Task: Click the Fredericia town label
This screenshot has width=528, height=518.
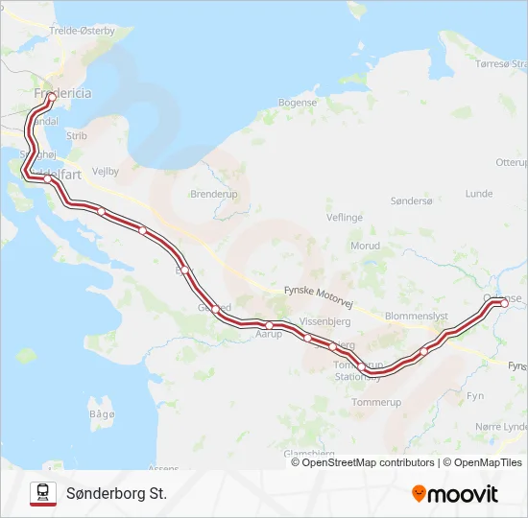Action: [x=62, y=94]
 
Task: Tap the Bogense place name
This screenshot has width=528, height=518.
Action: [x=297, y=103]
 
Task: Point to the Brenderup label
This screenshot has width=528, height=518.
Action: [x=213, y=193]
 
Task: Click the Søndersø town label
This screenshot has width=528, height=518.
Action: [x=413, y=200]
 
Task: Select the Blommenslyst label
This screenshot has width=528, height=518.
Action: [x=416, y=315]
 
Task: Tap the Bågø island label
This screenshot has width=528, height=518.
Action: [x=101, y=413]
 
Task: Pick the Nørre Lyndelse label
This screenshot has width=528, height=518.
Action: [x=502, y=426]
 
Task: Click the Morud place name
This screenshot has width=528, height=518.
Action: [x=365, y=247]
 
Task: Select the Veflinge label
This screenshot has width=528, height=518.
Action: [x=345, y=218]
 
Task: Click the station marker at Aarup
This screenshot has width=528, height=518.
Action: [x=270, y=326]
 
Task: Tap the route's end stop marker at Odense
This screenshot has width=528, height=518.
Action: [x=504, y=303]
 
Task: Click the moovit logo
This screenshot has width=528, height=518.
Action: [x=455, y=494]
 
